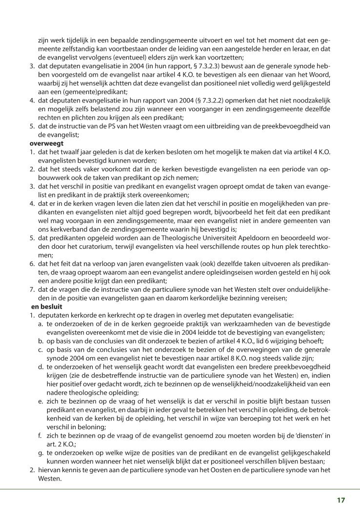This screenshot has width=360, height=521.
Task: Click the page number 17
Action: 340,500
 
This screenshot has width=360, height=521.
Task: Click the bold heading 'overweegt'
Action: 53,143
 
